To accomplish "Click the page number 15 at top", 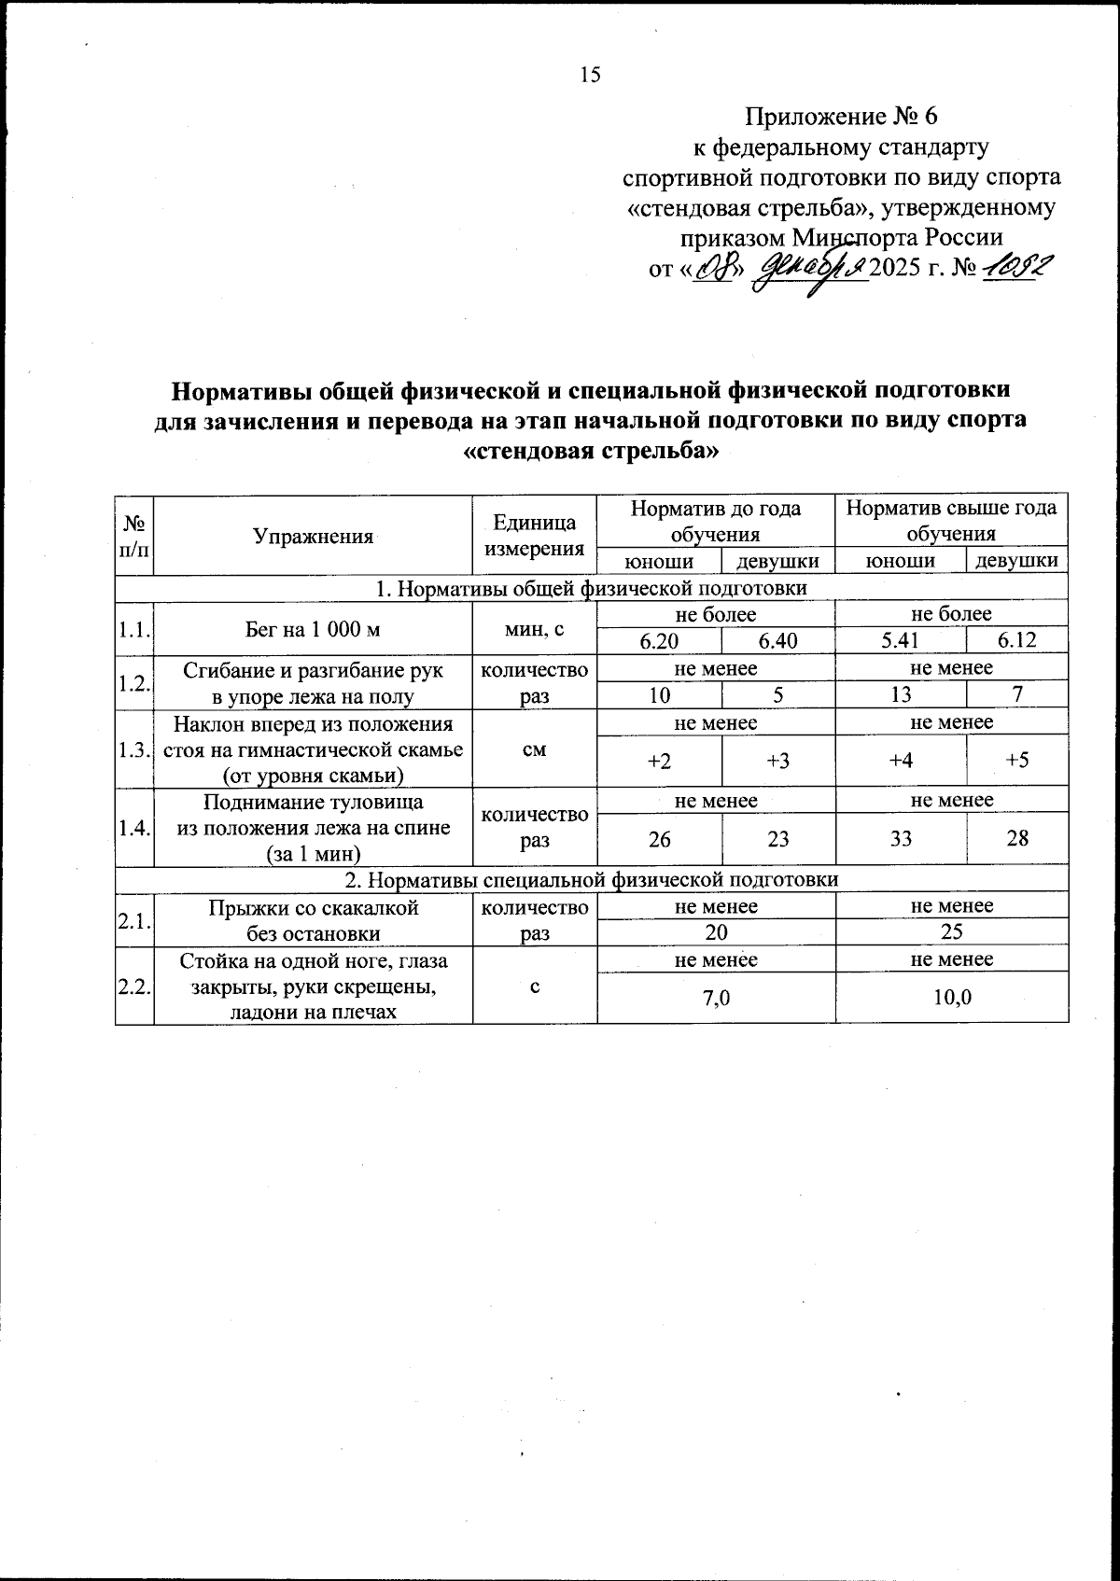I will [x=590, y=76].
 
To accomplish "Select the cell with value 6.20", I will [x=659, y=640].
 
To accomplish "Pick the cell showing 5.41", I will [x=900, y=640].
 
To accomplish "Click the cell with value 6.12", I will [x=1017, y=640].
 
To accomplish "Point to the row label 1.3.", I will [x=134, y=749].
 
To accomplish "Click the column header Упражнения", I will [x=313, y=536].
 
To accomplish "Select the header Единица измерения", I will [x=534, y=536].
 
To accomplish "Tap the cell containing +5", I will [x=1017, y=760].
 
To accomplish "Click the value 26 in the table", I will [x=659, y=838].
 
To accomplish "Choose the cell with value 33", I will [x=900, y=838].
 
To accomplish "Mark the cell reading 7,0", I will [x=716, y=998].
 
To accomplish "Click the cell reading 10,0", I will [x=951, y=998].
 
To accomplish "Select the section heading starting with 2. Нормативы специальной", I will [x=592, y=879].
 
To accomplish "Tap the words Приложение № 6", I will [x=839, y=118].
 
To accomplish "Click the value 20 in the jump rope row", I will [x=716, y=931].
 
